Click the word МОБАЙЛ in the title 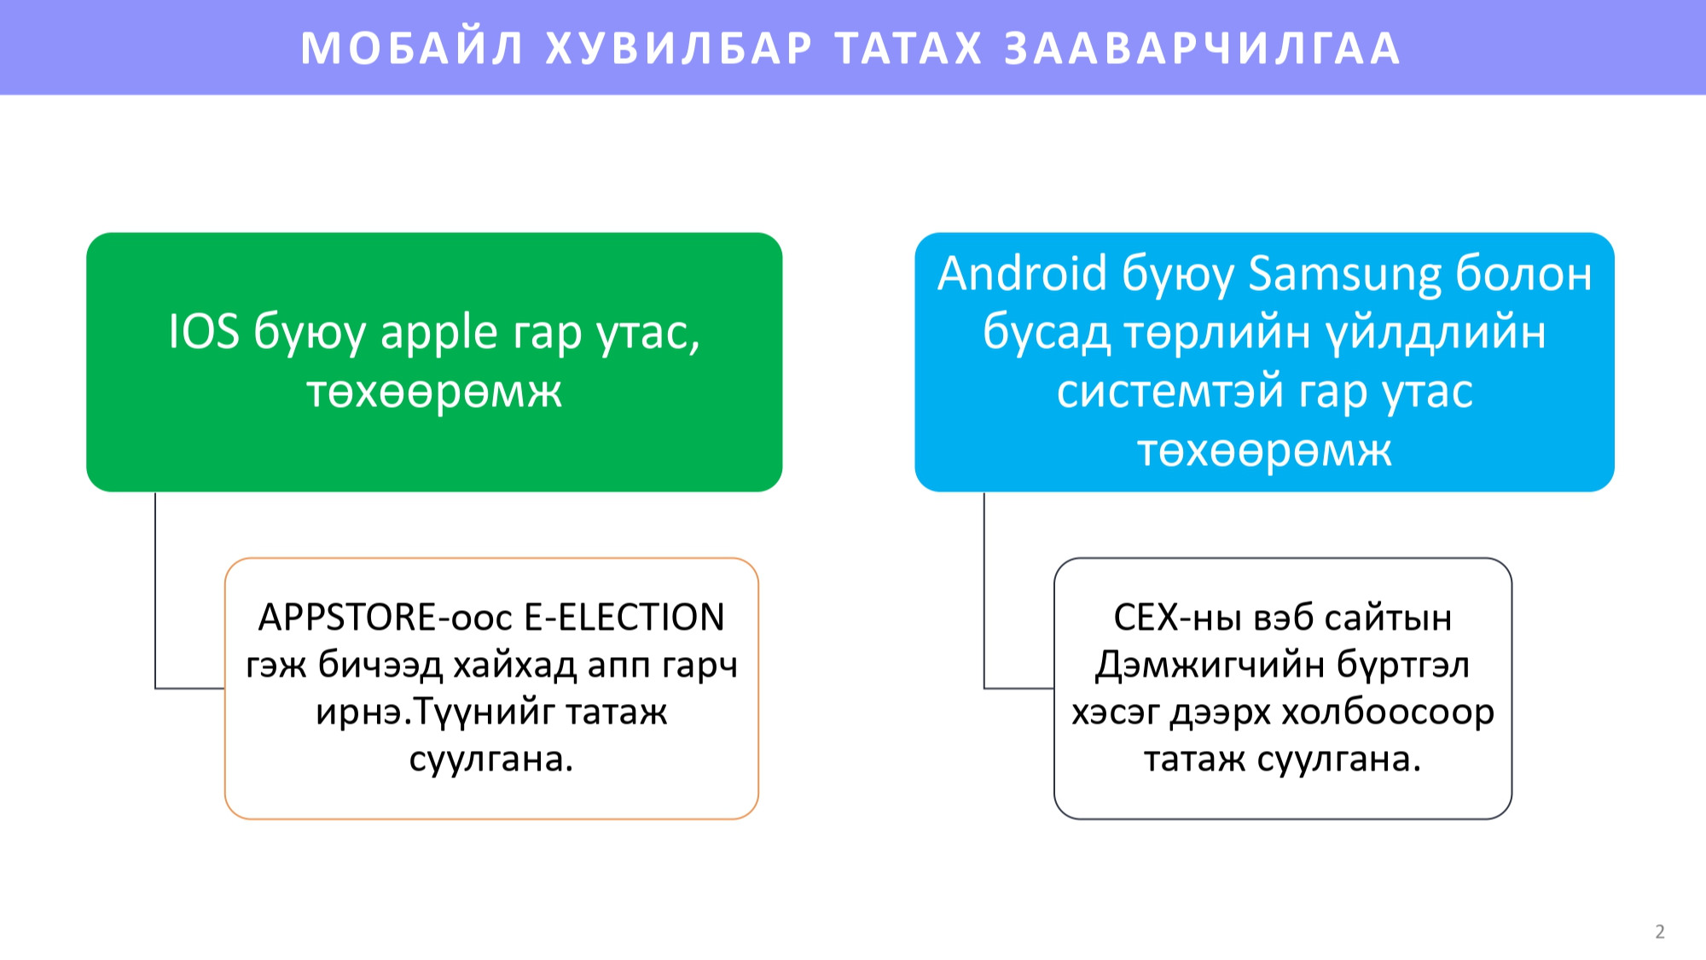[x=412, y=49]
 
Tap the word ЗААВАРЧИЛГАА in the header [x=1203, y=49]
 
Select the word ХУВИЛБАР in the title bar [x=679, y=49]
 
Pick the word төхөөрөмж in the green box [x=434, y=392]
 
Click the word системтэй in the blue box [x=1169, y=392]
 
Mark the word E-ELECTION [x=624, y=617]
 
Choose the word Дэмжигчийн [x=1210, y=665]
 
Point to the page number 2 [x=1660, y=931]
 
